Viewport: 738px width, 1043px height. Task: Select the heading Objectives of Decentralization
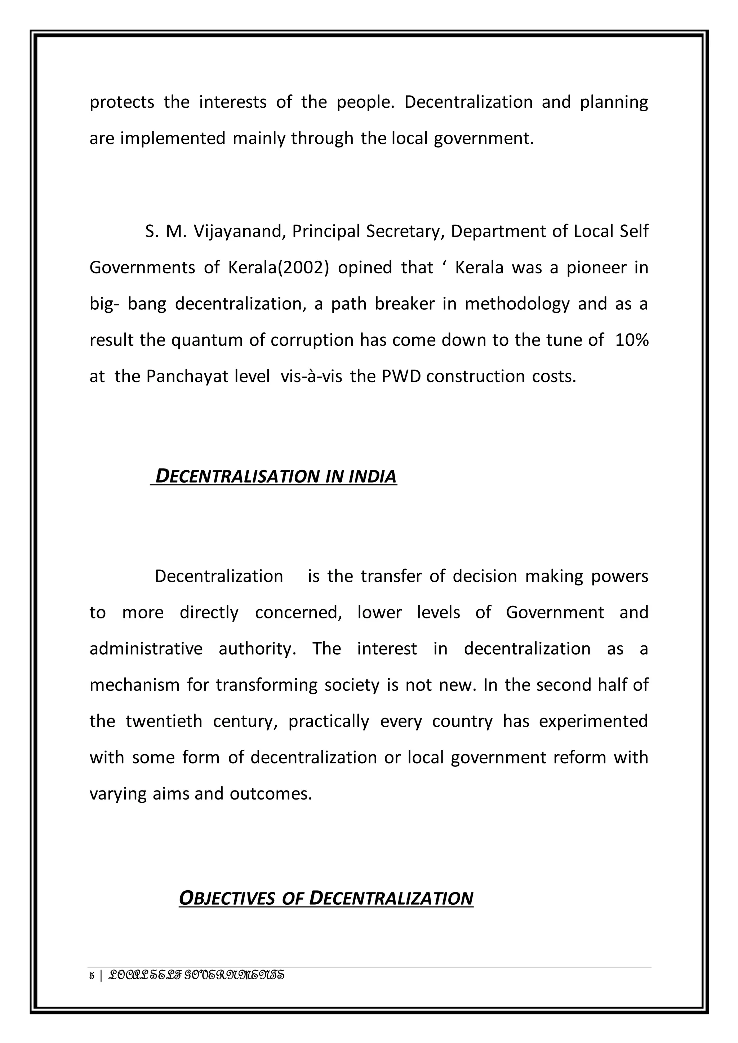click(326, 898)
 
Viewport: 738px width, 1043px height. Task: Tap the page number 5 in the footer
click(92, 976)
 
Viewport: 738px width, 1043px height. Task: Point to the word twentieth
click(164, 721)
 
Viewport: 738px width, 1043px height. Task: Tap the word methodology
click(517, 304)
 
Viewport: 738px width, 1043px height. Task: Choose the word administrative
click(146, 648)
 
